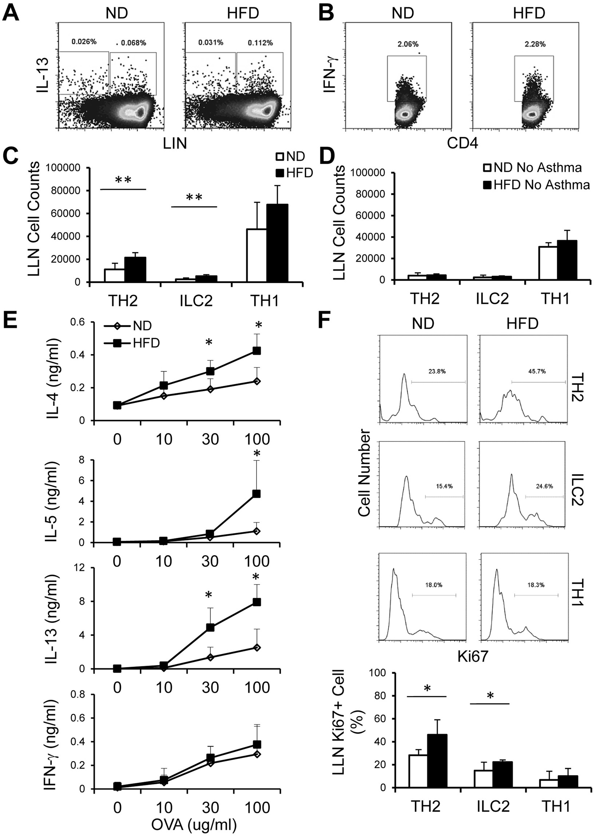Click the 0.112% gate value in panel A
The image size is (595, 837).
pyautogui.click(x=260, y=43)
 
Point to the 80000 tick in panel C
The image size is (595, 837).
pyautogui.click(x=66, y=190)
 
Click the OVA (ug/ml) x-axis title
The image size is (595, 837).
pyautogui.click(x=194, y=824)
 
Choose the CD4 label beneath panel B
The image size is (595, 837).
pyautogui.click(x=462, y=144)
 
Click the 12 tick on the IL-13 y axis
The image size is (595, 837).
pyautogui.click(x=79, y=568)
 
